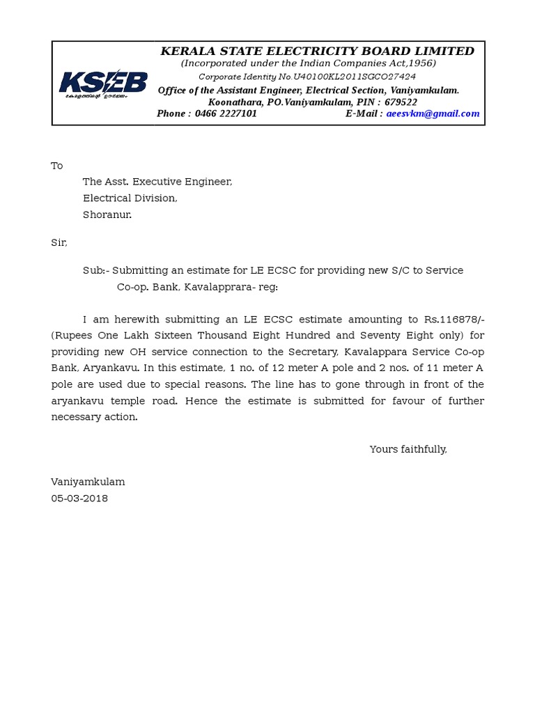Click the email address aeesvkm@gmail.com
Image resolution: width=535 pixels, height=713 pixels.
tap(433, 113)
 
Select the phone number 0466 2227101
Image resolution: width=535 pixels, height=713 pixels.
tap(226, 113)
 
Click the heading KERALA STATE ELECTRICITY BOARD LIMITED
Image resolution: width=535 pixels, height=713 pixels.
tap(317, 51)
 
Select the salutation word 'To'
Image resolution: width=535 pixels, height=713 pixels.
tap(57, 166)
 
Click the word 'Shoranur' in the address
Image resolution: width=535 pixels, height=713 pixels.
tap(107, 214)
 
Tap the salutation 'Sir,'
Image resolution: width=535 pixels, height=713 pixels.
tap(59, 242)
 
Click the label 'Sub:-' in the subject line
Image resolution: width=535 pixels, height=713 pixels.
tap(95, 270)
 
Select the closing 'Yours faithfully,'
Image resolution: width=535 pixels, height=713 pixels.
tap(408, 449)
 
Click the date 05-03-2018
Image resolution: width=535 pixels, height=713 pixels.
tap(79, 499)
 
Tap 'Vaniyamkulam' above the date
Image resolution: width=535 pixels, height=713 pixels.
tap(88, 482)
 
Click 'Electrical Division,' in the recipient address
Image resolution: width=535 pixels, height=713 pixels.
tap(130, 198)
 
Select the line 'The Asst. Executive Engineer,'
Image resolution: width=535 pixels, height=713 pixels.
tap(157, 182)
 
